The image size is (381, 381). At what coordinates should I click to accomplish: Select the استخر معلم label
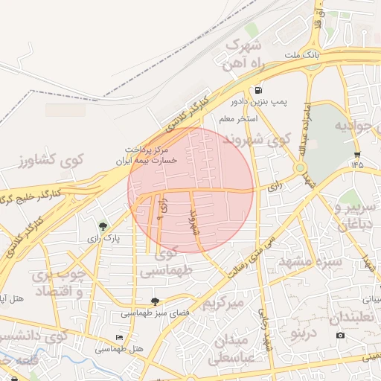(237, 118)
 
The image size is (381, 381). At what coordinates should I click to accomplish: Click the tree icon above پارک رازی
(103, 225)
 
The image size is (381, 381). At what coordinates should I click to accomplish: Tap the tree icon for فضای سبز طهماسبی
(155, 301)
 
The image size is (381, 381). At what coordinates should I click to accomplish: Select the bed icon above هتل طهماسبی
(121, 336)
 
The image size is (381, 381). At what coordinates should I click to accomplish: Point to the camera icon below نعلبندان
(340, 335)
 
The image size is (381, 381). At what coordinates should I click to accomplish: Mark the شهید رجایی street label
(266, 328)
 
